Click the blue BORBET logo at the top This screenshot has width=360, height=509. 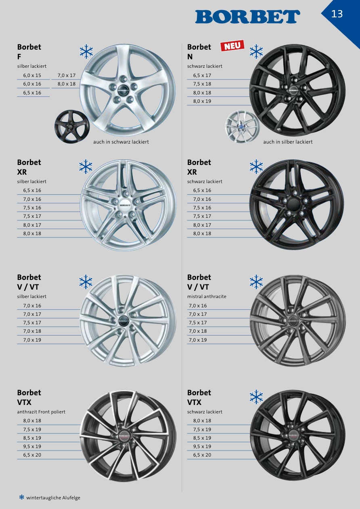(247, 17)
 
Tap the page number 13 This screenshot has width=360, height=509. (337, 14)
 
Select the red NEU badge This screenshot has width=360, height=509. (232, 46)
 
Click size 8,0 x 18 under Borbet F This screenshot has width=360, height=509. (67, 84)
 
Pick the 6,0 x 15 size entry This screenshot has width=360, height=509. (32, 75)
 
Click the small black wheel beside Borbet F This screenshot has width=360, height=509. (72, 127)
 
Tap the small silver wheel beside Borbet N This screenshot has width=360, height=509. (242, 127)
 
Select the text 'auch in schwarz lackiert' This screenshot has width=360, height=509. (121, 142)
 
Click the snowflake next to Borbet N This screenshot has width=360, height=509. (256, 51)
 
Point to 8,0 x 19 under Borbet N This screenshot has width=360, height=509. (202, 101)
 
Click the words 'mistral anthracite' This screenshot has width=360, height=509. (207, 296)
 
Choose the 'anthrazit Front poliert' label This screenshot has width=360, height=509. (41, 412)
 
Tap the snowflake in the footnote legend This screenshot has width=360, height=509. (22, 497)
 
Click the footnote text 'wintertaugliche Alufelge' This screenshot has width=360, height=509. (53, 498)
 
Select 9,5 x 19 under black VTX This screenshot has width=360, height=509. (202, 446)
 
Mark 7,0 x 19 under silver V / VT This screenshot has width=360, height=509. (32, 340)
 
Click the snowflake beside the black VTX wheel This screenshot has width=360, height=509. (256, 397)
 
